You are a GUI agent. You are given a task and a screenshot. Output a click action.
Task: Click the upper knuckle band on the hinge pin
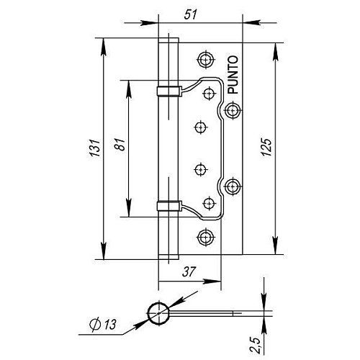(x=167, y=90)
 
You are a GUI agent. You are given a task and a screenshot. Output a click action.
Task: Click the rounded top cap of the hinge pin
(x=167, y=37)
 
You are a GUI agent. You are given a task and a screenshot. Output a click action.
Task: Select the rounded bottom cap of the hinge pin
(x=167, y=256)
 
